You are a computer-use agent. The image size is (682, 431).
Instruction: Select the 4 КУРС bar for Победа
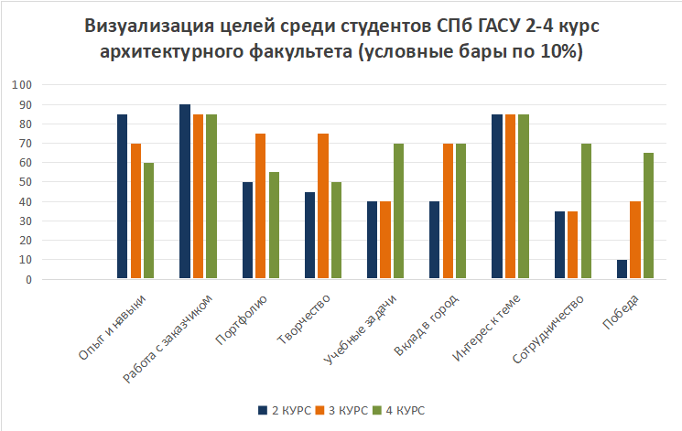pyautogui.click(x=648, y=216)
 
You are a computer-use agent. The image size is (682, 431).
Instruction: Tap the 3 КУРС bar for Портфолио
pyautogui.click(x=261, y=206)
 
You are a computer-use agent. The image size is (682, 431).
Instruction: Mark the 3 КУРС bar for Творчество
pyautogui.click(x=323, y=206)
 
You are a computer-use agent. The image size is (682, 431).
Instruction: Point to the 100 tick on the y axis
pyautogui.click(x=21, y=85)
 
